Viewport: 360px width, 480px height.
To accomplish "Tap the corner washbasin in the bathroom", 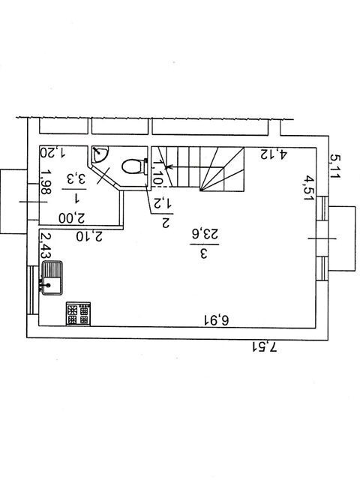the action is tap(100, 154).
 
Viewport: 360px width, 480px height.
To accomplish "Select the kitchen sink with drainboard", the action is tap(52, 278).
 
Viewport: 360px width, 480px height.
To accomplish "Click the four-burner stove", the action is tap(78, 313).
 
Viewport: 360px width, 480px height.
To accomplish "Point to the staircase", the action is tap(198, 169).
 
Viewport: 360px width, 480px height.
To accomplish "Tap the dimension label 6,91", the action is tap(217, 321).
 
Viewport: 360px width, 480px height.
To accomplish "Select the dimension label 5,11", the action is tap(335, 166).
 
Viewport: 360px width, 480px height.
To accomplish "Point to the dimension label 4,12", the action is tap(274, 154).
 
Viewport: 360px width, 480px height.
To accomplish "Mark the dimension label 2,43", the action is tap(46, 246).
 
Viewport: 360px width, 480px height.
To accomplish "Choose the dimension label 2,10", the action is tap(89, 236).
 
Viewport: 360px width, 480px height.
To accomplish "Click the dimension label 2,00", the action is tap(72, 218).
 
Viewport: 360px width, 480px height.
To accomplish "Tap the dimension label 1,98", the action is tap(46, 183).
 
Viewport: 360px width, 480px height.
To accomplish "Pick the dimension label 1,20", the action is tap(52, 152).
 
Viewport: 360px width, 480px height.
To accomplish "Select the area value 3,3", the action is tap(75, 178).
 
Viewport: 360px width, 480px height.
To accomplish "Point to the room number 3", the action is tap(204, 253).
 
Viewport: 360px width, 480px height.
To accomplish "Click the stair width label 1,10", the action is tap(157, 172).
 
